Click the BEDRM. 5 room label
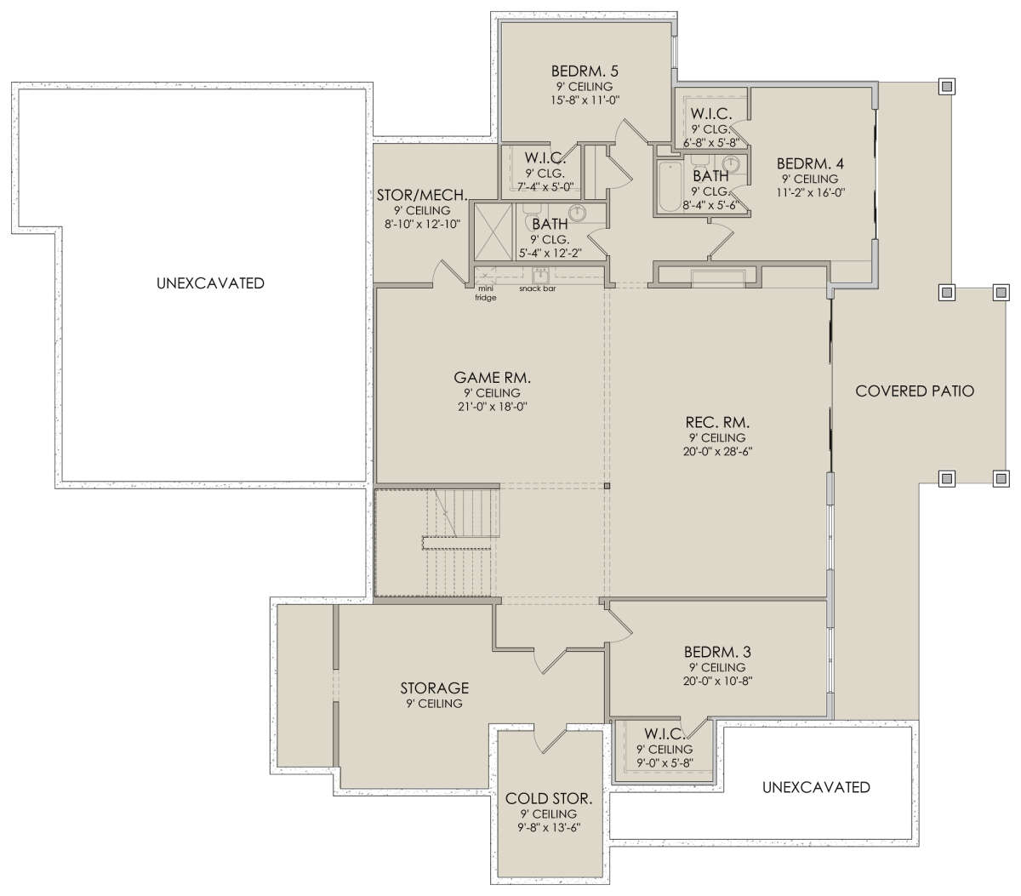point(585,71)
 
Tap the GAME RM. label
point(492,378)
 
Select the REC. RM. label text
point(717,422)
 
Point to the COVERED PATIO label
point(915,391)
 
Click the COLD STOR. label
point(549,799)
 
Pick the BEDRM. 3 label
point(717,652)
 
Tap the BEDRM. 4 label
point(810,163)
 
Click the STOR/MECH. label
point(422,195)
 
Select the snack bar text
point(537,288)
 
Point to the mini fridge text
point(486,294)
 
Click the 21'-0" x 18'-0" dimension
point(492,407)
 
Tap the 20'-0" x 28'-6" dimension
point(717,451)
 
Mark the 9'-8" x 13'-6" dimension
point(549,827)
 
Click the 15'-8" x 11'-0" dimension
point(585,100)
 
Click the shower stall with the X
point(493,232)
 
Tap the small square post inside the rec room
point(607,487)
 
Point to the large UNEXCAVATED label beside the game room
point(210,283)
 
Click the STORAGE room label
point(435,688)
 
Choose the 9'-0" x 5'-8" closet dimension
point(665,763)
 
